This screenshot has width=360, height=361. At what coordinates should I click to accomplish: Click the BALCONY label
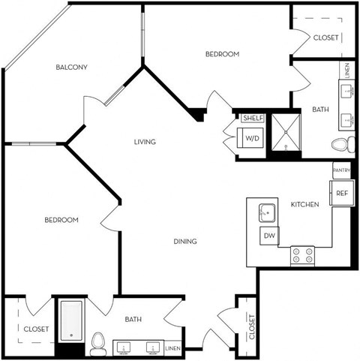pyautogui.click(x=72, y=68)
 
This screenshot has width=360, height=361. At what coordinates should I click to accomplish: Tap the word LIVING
pyautogui.click(x=145, y=142)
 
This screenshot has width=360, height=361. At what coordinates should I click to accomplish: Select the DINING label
pyautogui.click(x=185, y=241)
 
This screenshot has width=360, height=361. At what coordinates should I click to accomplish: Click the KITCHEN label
pyautogui.click(x=305, y=204)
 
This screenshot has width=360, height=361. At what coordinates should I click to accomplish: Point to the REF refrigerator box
pyautogui.click(x=341, y=194)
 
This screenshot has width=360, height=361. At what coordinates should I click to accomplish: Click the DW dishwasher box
pyautogui.click(x=268, y=236)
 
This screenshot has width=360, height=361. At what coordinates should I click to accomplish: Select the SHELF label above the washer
pyautogui.click(x=250, y=119)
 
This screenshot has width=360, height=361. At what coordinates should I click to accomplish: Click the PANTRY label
pyautogui.click(x=341, y=171)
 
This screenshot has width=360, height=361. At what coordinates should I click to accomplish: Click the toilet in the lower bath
pyautogui.click(x=97, y=344)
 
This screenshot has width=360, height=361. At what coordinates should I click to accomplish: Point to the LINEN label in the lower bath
pyautogui.click(x=172, y=348)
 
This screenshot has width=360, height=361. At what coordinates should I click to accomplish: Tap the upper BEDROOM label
pyautogui.click(x=222, y=54)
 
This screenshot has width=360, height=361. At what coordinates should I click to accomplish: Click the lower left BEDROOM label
pyautogui.click(x=61, y=220)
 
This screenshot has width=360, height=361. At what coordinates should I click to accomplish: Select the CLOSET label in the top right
pyautogui.click(x=325, y=37)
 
